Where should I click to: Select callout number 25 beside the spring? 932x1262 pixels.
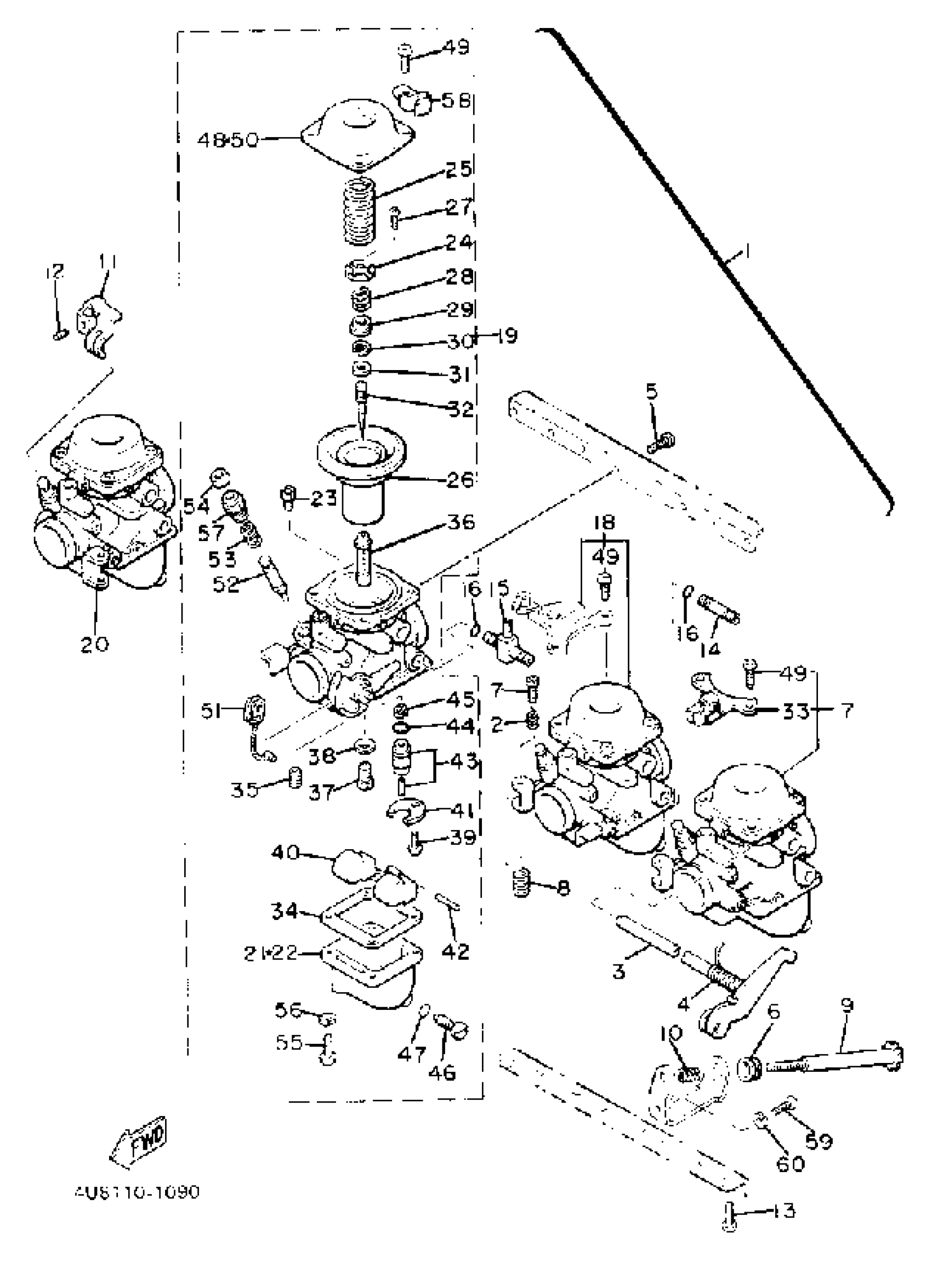458,169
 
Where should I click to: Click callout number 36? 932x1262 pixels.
461,522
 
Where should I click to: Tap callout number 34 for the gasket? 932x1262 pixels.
285,911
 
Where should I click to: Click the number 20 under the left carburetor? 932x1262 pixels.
94,644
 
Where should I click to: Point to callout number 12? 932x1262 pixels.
55,271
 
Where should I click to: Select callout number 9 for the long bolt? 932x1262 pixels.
847,1005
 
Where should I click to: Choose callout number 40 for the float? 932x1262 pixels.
285,852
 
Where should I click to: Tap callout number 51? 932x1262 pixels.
212,712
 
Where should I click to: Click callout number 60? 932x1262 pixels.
791,1163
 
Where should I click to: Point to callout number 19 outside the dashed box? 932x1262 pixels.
507,336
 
